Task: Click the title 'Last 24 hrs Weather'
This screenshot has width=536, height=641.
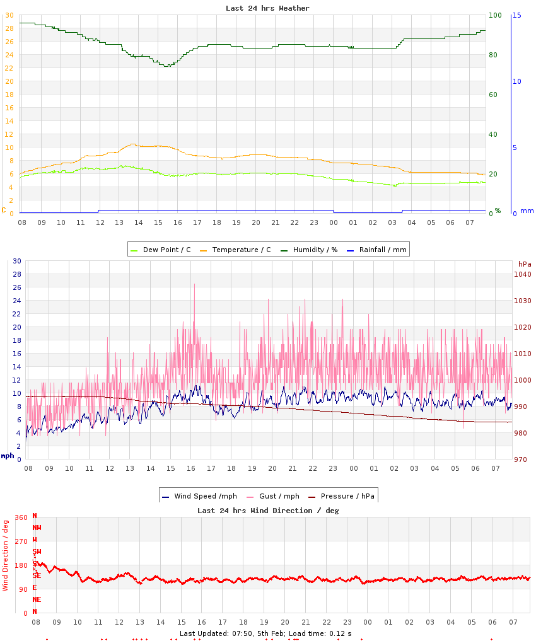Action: (x=267, y=8)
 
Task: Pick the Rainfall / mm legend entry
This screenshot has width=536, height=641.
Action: (x=382, y=250)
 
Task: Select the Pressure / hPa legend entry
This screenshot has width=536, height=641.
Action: (x=347, y=496)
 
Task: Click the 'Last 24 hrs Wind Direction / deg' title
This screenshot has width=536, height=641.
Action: (x=268, y=511)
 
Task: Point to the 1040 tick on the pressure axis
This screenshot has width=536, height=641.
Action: (x=523, y=274)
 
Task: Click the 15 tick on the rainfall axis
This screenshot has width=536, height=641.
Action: (x=516, y=15)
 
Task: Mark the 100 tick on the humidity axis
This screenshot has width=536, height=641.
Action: (x=495, y=15)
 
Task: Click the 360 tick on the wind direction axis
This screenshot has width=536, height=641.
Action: (x=21, y=517)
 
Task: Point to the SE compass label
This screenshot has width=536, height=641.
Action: (x=37, y=575)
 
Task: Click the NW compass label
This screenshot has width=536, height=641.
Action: (x=37, y=528)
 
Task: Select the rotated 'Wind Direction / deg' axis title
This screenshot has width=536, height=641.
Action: (x=6, y=555)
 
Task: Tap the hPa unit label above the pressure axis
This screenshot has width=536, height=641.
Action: (x=525, y=263)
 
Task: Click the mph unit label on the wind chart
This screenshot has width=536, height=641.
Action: (x=8, y=456)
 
